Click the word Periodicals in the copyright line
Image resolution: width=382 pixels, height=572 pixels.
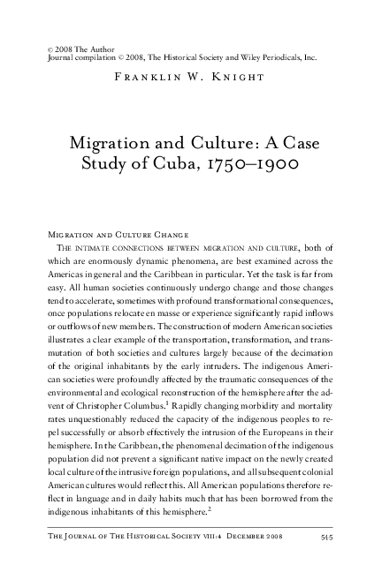tap(274, 57)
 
